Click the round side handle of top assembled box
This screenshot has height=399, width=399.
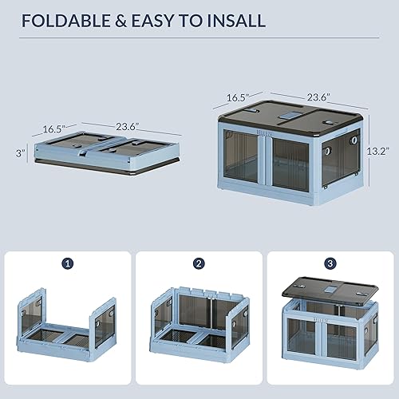point(328,150)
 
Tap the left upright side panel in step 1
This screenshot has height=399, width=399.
point(30,320)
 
